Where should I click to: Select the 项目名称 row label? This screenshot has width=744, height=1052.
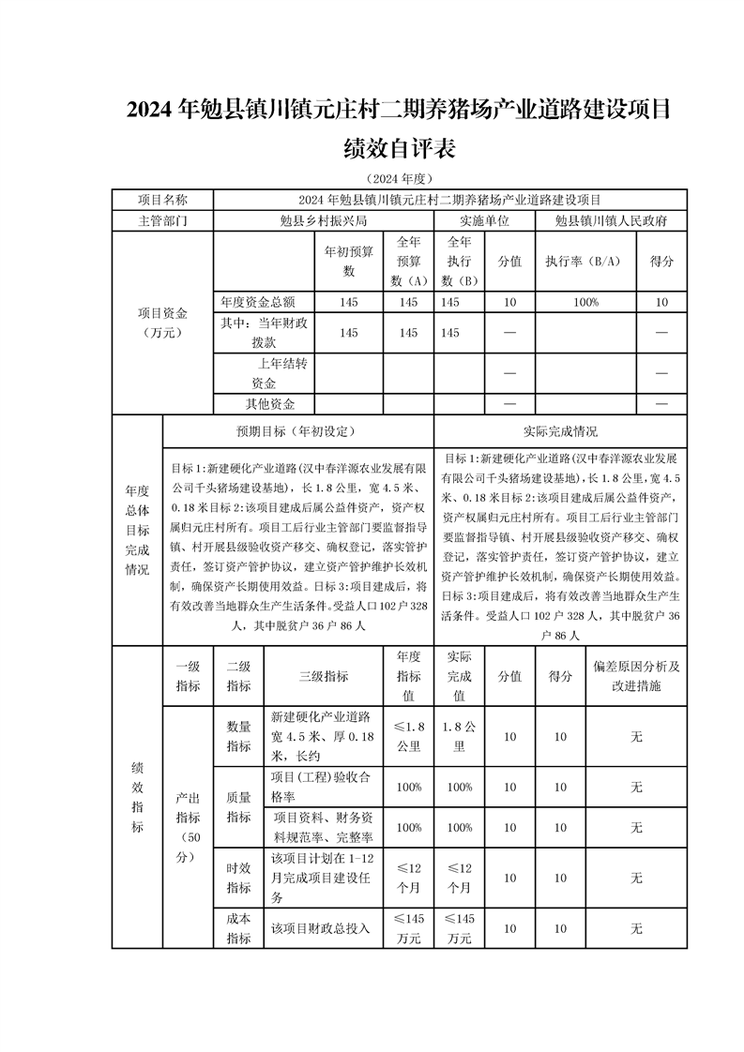[162, 200]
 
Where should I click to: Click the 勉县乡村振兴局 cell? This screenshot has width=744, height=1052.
[323, 220]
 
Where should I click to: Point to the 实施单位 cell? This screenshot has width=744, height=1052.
[483, 220]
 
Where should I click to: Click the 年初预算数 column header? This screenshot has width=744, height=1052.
[348, 262]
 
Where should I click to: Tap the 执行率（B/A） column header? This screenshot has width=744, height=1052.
[584, 262]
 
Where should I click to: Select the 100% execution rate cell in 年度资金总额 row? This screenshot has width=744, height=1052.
[584, 302]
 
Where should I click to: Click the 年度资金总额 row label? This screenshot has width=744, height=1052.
[258, 302]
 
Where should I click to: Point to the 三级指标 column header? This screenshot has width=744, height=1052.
[323, 676]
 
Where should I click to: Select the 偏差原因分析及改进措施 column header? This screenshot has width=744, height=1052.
[636, 676]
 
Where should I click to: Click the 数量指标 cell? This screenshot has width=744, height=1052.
[238, 736]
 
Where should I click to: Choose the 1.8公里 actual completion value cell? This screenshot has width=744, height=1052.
[460, 736]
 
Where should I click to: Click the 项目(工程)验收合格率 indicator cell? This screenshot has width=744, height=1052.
[323, 787]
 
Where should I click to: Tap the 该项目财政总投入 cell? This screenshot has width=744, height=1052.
[321, 928]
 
